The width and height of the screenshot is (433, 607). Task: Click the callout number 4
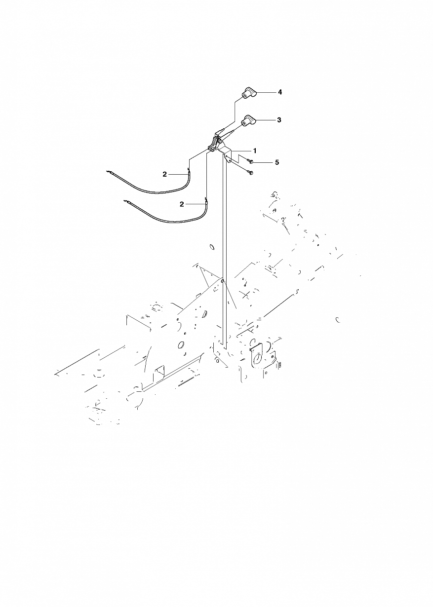(280, 92)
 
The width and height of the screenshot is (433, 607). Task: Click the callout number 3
(279, 120)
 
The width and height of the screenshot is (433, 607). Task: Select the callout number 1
(255, 151)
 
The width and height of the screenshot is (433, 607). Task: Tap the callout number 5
(276, 162)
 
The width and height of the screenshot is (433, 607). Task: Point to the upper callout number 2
(165, 175)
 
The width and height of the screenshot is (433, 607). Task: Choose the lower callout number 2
(182, 204)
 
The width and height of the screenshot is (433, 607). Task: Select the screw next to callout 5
(250, 162)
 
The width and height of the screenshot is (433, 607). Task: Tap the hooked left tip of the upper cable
(109, 171)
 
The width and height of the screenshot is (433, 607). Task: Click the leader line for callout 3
(266, 120)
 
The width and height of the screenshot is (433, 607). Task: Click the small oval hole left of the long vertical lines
(212, 247)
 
